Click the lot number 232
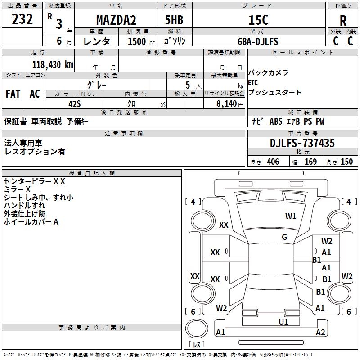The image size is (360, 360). point(22,19)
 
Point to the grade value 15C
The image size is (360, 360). point(258,20)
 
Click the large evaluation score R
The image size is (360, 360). point(343,21)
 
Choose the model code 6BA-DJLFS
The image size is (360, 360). point(258,41)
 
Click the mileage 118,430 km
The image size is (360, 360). point(52,64)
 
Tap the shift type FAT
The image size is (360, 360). point(13,94)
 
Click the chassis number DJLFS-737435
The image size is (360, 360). point(302,143)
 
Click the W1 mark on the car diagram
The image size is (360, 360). point(291,216)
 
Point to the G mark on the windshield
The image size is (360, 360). point(284,237)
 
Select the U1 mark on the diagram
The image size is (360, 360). point(283,322)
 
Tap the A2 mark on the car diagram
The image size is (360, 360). point(320,333)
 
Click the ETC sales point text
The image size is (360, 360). point(253,82)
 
